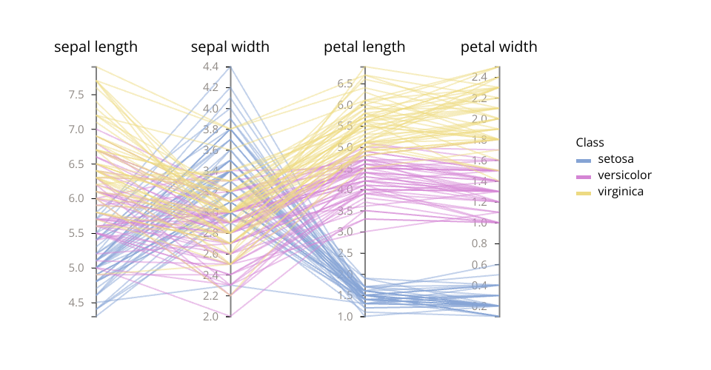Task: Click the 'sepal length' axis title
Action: click(x=96, y=47)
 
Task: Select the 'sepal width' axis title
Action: click(x=230, y=47)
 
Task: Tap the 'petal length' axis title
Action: click(x=364, y=47)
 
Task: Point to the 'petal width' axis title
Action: click(x=498, y=47)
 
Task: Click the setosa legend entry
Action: click(x=615, y=159)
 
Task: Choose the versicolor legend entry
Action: click(x=624, y=175)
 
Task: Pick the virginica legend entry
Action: click(x=620, y=192)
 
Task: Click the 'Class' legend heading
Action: click(x=590, y=142)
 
